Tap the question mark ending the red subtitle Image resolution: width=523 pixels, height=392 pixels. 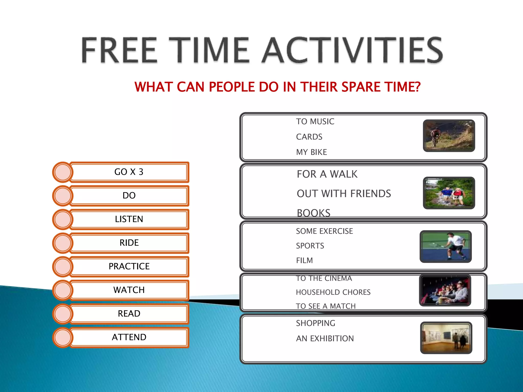[x=417, y=87]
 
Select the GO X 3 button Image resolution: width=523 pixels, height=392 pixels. [x=129, y=172]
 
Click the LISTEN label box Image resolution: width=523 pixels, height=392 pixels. [x=129, y=219]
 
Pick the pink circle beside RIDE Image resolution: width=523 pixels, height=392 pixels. [x=63, y=243]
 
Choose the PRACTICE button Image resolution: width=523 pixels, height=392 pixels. [x=129, y=266]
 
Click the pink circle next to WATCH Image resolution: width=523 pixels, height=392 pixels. [x=63, y=290]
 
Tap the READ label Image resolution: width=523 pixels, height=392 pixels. [x=129, y=314]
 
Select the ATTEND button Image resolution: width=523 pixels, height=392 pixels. [x=129, y=337]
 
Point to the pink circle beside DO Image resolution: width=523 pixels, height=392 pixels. [x=63, y=196]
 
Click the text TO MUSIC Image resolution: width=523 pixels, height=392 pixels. [x=315, y=121]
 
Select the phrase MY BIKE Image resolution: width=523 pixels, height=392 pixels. [x=311, y=152]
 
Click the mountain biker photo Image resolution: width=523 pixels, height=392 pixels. [x=449, y=136]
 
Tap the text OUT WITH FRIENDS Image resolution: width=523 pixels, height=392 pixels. [x=343, y=194]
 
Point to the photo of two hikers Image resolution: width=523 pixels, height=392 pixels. [x=449, y=193]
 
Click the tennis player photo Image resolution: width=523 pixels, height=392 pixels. [x=446, y=247]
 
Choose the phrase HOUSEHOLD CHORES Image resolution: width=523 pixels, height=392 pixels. [x=333, y=292]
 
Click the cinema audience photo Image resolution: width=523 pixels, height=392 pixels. [x=445, y=290]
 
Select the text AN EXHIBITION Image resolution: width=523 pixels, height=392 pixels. [x=325, y=339]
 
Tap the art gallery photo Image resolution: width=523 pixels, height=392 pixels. [x=446, y=338]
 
